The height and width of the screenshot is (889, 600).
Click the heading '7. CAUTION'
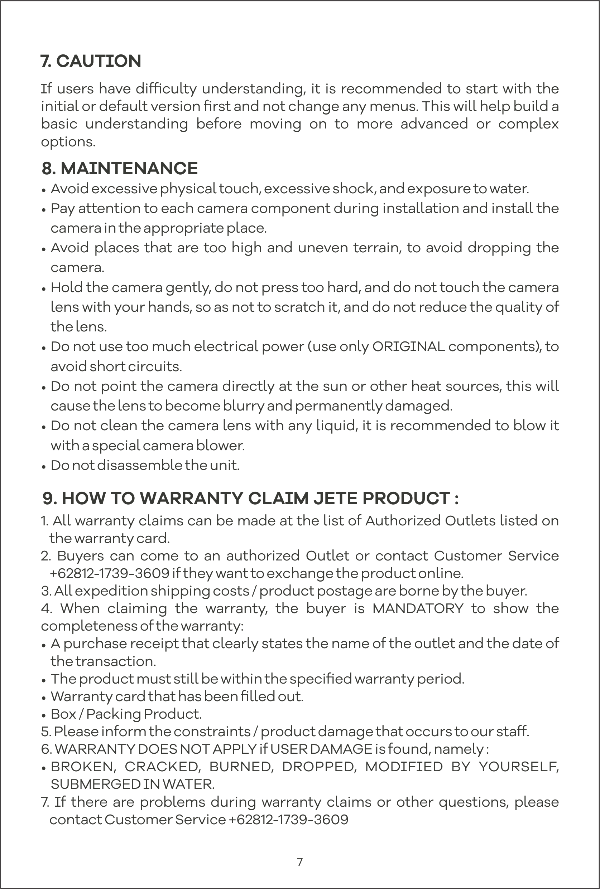(91, 61)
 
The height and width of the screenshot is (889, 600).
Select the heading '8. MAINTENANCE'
(120, 169)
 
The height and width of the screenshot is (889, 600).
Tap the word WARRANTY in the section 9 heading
(191, 499)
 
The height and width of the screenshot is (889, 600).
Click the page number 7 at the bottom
(299, 862)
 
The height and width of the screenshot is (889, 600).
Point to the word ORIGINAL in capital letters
(408, 347)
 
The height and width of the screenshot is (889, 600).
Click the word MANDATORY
(418, 608)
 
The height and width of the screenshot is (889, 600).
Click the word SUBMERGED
(95, 784)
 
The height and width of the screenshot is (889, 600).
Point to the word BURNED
(241, 766)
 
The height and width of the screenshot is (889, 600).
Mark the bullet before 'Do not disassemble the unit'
(44, 466)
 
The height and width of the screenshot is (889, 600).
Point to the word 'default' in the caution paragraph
(123, 106)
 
